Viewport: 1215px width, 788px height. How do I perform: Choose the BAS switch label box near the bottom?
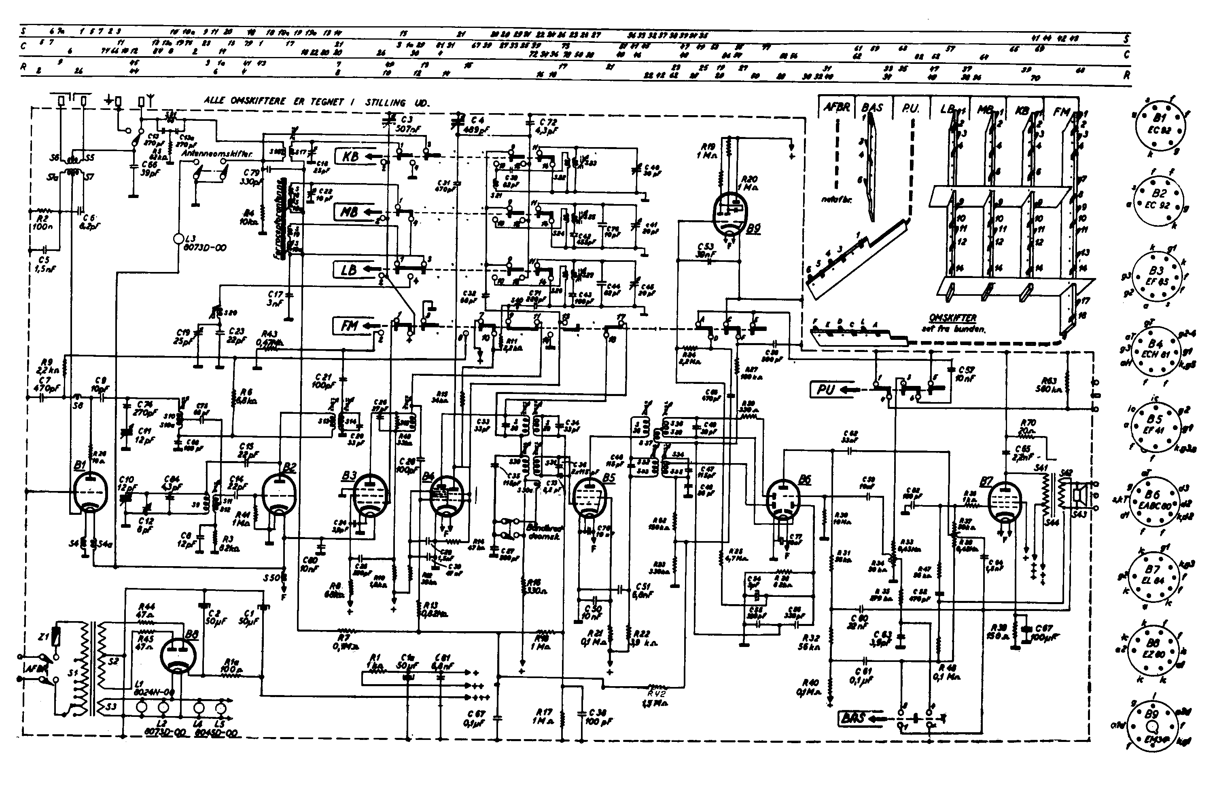pyautogui.click(x=853, y=718)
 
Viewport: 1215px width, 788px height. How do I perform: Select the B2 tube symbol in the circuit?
pyautogui.click(x=278, y=493)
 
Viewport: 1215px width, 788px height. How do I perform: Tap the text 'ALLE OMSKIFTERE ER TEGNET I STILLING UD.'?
pyautogui.click(x=316, y=101)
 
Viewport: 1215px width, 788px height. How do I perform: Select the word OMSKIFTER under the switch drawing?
pyautogui.click(x=952, y=318)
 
